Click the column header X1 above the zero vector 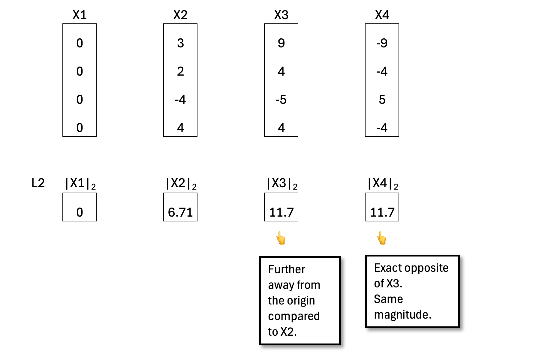click(80, 15)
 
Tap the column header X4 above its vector click(382, 15)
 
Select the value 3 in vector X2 click(180, 43)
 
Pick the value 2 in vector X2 click(180, 71)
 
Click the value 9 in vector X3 click(281, 43)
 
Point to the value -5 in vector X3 click(281, 100)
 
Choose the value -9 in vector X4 click(382, 43)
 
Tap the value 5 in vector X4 click(382, 100)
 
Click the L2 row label click(38, 183)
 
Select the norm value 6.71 click(180, 212)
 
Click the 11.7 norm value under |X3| click(281, 212)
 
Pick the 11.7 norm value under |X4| click(382, 212)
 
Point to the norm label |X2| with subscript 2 click(181, 184)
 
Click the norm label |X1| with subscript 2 click(80, 184)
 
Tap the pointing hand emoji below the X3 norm click(281, 238)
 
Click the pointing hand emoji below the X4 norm click(382, 238)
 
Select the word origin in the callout click(300, 301)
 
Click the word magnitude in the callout click(402, 315)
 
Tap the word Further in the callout click(287, 269)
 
